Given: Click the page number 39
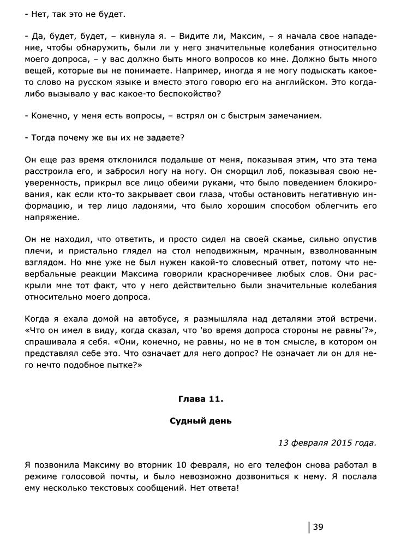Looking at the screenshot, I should tap(318, 526).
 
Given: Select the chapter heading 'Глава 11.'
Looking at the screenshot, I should tap(200, 399).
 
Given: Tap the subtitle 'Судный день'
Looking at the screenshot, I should tap(200, 421).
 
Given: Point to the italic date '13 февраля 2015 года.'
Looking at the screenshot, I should tap(327, 443).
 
